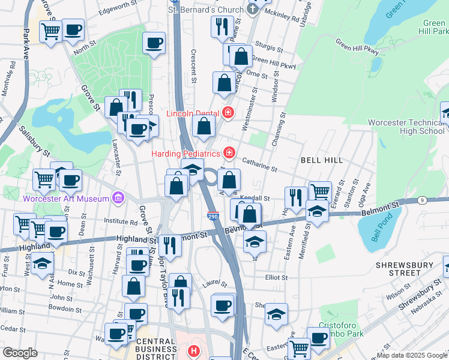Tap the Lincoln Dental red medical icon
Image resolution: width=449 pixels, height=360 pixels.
(x=228, y=112)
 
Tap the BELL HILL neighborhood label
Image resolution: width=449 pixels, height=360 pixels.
(x=322, y=160)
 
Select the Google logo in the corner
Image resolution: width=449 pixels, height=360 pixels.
(x=20, y=353)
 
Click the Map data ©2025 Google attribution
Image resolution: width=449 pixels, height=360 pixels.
(x=412, y=355)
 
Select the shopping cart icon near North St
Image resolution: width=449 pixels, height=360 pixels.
(x=51, y=29)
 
